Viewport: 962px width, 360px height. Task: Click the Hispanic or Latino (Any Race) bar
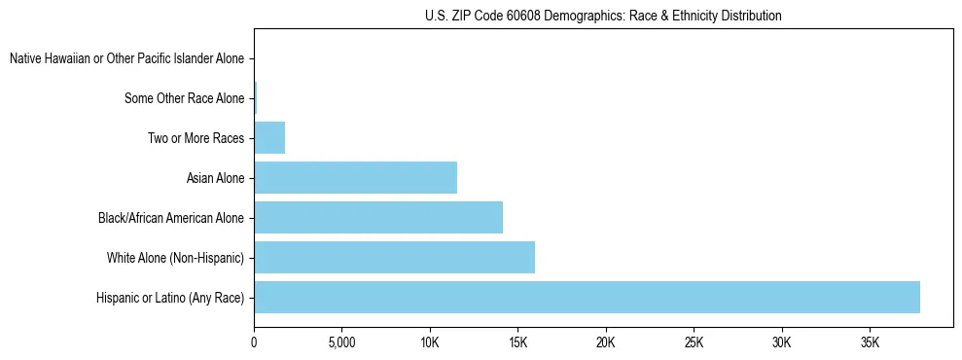point(587,298)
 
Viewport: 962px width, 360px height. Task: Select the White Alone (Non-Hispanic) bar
point(394,258)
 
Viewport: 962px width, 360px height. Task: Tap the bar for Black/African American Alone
point(378,218)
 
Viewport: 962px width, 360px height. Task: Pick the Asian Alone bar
point(355,178)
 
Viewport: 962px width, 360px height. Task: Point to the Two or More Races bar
point(269,138)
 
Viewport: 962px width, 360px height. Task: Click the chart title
point(603,16)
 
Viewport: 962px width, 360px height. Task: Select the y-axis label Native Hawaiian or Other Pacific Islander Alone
point(126,59)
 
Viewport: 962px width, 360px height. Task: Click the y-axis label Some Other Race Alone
point(185,98)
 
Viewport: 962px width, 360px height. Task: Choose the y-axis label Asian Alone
point(215,178)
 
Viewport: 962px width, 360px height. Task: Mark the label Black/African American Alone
point(171,218)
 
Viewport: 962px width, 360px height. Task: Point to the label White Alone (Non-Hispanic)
point(175,258)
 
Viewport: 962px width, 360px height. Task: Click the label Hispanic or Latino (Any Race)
point(170,298)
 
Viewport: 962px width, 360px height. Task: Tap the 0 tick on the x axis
point(254,343)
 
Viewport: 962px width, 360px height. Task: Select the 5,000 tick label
point(341,343)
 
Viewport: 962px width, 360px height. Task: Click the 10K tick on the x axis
point(430,343)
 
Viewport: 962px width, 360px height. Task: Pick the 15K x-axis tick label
point(517,343)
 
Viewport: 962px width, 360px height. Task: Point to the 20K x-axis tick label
point(606,343)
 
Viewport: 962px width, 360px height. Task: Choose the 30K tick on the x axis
point(782,343)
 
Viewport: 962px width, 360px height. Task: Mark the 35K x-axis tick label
point(870,343)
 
